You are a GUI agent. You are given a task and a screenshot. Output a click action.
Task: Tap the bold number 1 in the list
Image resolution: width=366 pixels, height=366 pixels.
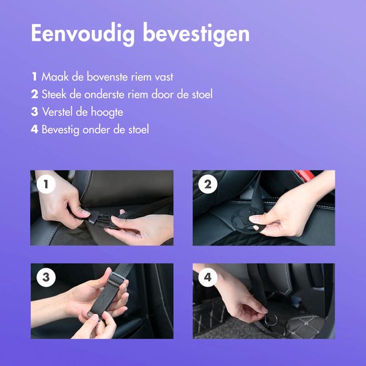click(34, 77)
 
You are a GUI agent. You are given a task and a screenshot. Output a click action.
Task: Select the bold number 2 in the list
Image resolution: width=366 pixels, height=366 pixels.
click(34, 94)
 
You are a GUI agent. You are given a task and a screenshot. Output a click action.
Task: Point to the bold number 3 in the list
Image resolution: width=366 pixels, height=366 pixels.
click(34, 112)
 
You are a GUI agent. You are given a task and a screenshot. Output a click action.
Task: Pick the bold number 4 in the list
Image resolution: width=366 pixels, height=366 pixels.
click(34, 129)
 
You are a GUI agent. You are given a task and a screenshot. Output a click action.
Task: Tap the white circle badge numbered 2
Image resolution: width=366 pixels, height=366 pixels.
click(208, 185)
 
